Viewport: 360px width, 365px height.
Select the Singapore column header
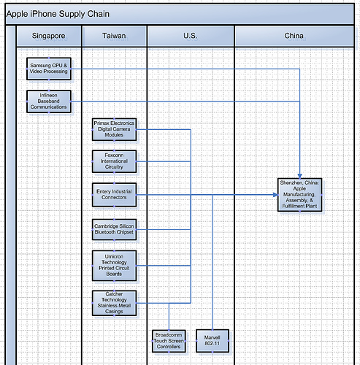point(49,36)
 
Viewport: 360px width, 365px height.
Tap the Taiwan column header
point(114,36)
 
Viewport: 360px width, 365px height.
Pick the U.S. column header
point(190,36)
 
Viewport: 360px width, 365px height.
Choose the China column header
point(294,36)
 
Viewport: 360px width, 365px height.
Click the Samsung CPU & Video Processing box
point(49,69)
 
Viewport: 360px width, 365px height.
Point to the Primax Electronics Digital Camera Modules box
point(114,129)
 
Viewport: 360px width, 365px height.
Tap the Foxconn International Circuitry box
point(114,161)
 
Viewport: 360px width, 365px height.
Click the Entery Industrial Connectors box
point(114,195)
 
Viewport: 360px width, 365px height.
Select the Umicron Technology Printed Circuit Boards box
point(114,264)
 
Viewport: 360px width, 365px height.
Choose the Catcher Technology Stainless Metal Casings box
point(114,303)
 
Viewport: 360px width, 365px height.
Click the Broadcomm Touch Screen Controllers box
point(169,340)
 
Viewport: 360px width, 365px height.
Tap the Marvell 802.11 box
point(212,340)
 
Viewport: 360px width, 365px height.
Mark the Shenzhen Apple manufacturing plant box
point(299,195)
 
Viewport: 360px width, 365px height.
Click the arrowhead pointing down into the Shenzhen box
point(300,175)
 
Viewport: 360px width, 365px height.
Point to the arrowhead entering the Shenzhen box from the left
point(275,195)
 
